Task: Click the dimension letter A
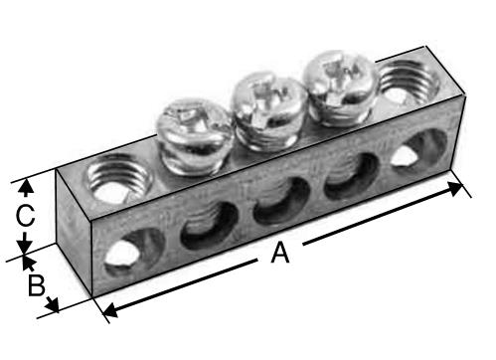coord(280,253)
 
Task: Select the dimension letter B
coord(36,285)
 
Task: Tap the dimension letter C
coord(25,216)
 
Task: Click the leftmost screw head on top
coord(194,136)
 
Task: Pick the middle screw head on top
coord(269,111)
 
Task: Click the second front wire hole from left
coord(210,225)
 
